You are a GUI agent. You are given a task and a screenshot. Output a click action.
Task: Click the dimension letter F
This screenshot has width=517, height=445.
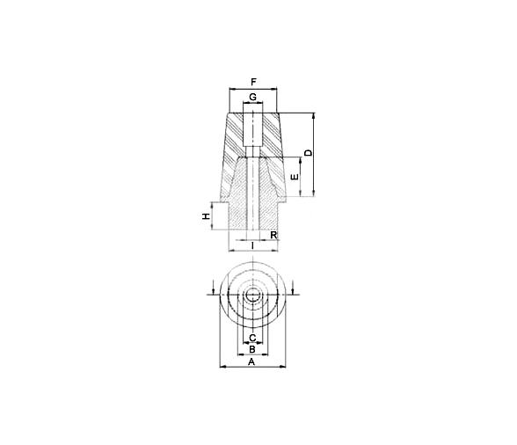point(253,82)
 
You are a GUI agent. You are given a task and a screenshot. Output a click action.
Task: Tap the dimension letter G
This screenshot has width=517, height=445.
point(252,97)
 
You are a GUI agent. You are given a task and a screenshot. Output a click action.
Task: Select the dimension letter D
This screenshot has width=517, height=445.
point(308,153)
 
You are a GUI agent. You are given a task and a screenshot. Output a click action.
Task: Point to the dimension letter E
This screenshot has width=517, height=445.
point(295,177)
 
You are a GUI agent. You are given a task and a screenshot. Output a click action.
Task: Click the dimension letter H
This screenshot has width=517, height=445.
point(206,216)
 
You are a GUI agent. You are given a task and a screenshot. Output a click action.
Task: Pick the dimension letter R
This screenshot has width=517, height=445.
point(273,235)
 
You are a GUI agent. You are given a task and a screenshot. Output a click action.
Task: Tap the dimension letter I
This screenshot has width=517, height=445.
point(252,245)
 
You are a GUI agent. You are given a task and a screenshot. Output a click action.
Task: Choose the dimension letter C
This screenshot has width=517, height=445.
point(252,338)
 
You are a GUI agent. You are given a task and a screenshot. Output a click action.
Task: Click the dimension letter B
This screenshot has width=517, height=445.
point(251,349)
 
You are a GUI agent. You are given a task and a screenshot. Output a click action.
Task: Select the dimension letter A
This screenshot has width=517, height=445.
point(251,361)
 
